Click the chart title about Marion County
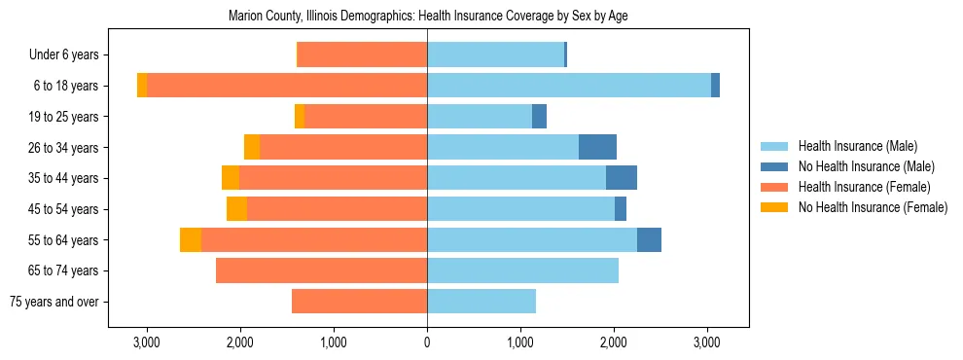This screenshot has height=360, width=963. [x=428, y=17]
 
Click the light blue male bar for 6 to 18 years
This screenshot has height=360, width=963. [x=569, y=86]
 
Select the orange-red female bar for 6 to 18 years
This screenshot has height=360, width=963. [x=287, y=86]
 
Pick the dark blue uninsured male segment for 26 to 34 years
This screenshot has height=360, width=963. [x=597, y=147]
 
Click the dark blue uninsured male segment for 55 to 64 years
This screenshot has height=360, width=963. [x=649, y=240]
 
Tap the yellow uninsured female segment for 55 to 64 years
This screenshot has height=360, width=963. [x=191, y=240]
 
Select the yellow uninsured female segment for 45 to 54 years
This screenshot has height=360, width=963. [x=236, y=209]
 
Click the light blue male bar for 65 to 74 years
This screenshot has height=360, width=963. [x=522, y=270]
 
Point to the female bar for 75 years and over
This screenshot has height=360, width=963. [x=359, y=302]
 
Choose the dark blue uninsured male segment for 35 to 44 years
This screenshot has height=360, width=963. [x=622, y=178]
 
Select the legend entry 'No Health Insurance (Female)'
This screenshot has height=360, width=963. [x=873, y=207]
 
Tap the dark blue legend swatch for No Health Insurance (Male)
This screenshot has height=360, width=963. [x=776, y=166]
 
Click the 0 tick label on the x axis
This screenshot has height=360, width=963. [x=427, y=342]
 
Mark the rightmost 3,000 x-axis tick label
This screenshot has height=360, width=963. [x=707, y=342]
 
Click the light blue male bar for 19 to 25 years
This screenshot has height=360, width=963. [x=480, y=117]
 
